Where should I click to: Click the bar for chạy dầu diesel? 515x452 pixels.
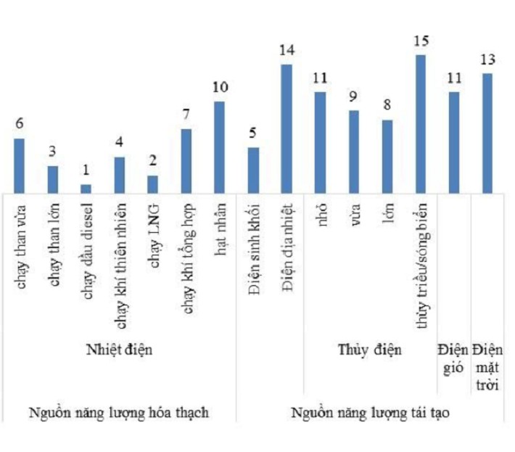(86, 188)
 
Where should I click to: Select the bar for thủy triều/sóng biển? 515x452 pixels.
(421, 123)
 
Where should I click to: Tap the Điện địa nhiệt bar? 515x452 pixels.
(287, 128)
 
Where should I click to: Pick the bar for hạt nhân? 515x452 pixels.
(219, 147)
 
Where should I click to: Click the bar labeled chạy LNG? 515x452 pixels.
(152, 184)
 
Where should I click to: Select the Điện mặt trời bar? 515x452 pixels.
(487, 133)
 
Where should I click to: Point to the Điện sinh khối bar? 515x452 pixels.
(253, 170)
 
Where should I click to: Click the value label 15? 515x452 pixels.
(421, 41)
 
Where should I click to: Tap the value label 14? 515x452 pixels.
(287, 51)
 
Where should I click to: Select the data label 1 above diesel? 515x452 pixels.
(86, 170)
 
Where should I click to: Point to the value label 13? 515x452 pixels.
(487, 60)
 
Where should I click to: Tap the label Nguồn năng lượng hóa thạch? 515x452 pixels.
(119, 412)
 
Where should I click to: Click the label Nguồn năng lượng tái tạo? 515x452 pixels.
(370, 412)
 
